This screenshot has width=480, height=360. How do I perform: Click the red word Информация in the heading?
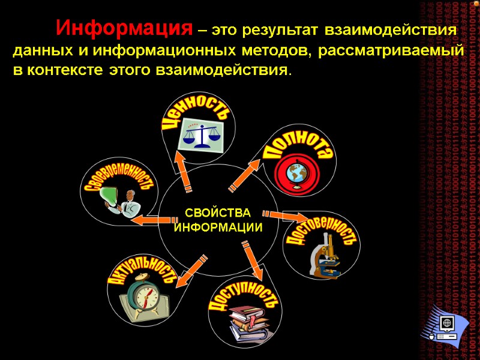[125, 28]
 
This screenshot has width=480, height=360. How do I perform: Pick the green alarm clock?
[145, 296]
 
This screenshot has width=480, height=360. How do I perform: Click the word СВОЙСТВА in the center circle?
[218, 213]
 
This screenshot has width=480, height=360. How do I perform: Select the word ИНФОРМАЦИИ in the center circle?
[218, 228]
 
